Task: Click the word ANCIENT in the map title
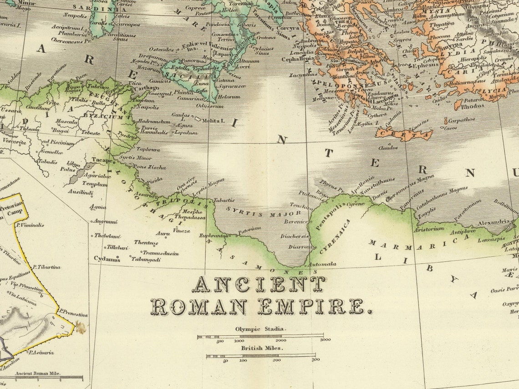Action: (x=258, y=284)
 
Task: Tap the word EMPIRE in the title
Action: (x=314, y=307)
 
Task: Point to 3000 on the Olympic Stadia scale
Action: (x=325, y=340)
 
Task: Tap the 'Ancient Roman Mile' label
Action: (x=38, y=374)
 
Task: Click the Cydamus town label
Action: (x=106, y=258)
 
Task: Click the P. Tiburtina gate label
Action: (x=46, y=267)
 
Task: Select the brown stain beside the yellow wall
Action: (x=81, y=327)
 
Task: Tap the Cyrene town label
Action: (x=356, y=204)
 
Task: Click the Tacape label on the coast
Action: (x=102, y=160)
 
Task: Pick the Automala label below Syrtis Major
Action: (x=322, y=264)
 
